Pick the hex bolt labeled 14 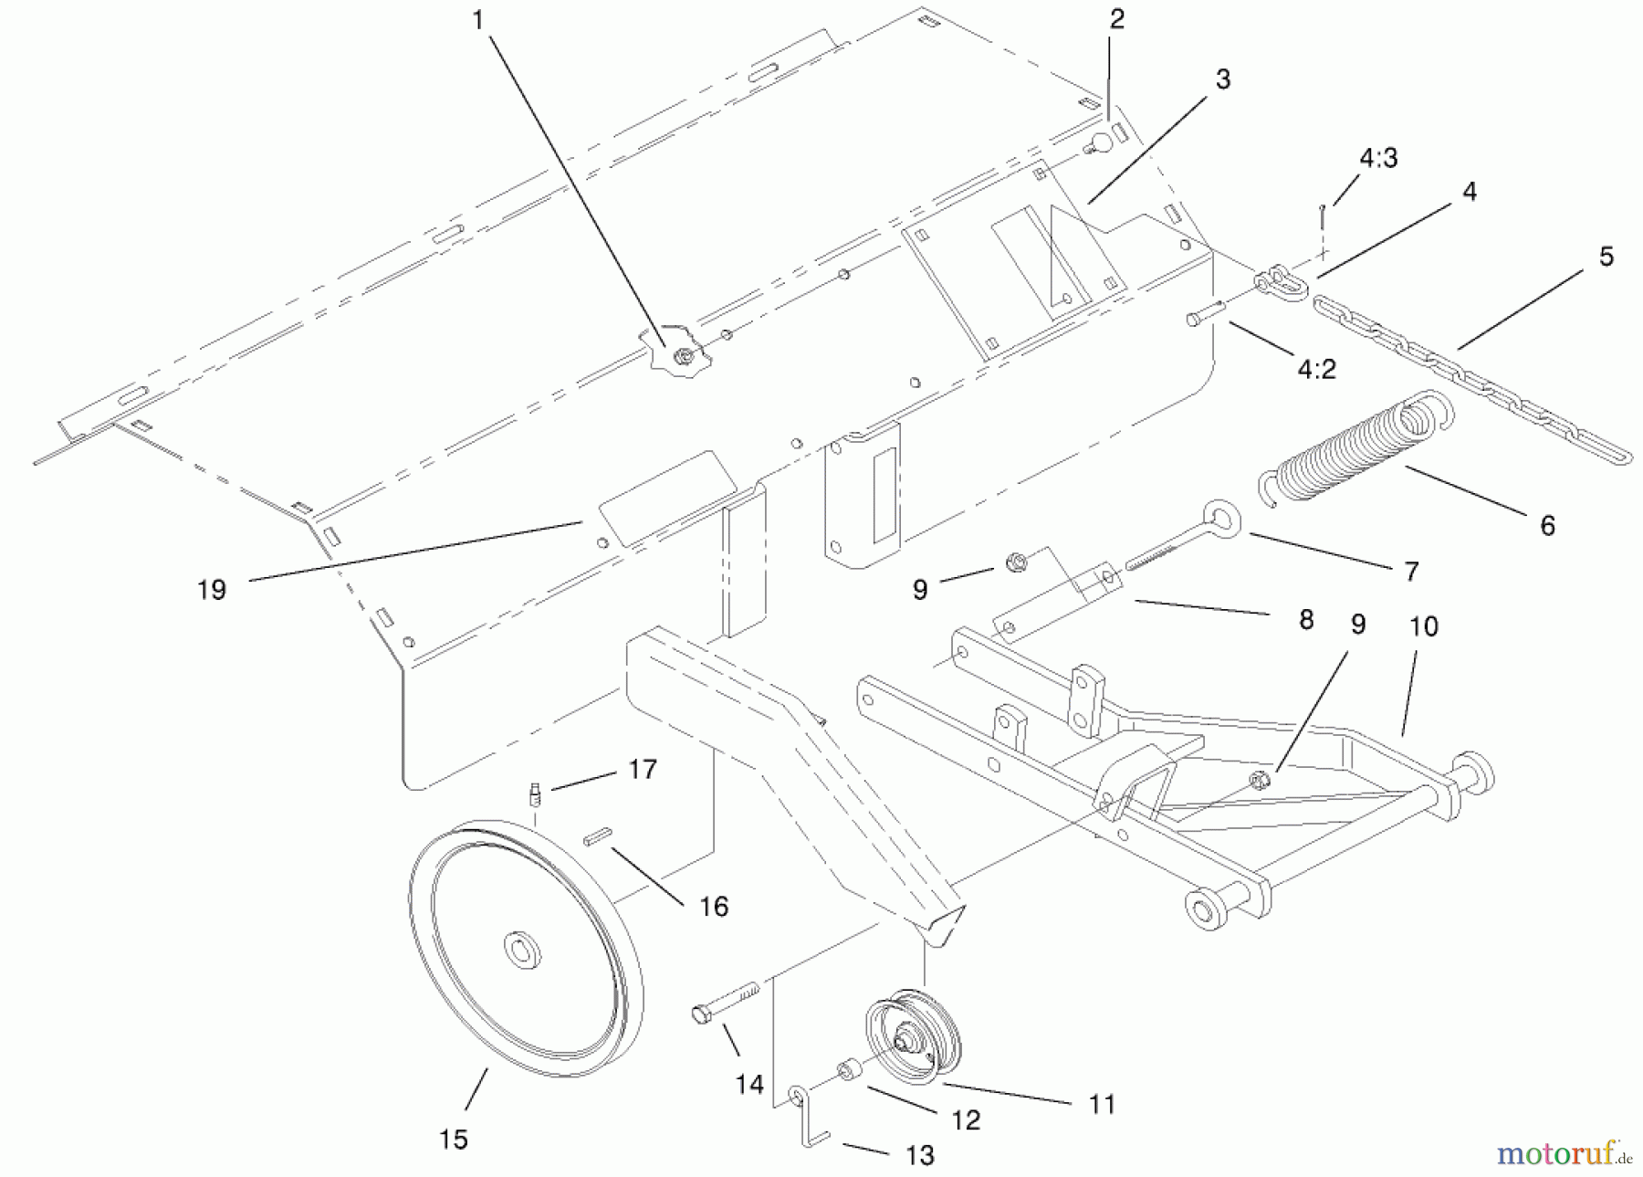point(726,1002)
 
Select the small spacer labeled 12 point(846,1069)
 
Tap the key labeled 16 point(599,835)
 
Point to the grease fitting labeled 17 point(537,793)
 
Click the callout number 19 point(212,590)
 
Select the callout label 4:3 point(1378,159)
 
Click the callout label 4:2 point(1316,369)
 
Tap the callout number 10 point(1424,626)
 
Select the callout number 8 point(1306,619)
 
